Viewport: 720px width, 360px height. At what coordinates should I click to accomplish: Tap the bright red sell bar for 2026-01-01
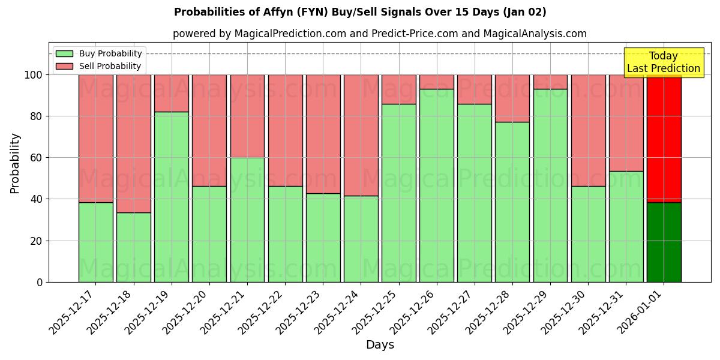click(664, 138)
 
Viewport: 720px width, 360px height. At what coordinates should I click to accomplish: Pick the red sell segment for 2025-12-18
click(134, 143)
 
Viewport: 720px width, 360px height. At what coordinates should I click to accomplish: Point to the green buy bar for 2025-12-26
click(437, 185)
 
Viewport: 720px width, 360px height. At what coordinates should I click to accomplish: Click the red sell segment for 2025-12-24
click(361, 135)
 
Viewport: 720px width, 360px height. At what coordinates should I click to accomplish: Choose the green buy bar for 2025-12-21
click(247, 220)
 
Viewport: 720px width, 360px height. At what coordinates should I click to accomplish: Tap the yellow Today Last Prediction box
click(664, 62)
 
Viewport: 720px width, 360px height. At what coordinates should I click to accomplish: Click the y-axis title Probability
click(15, 163)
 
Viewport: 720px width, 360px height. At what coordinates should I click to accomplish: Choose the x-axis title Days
click(380, 345)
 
